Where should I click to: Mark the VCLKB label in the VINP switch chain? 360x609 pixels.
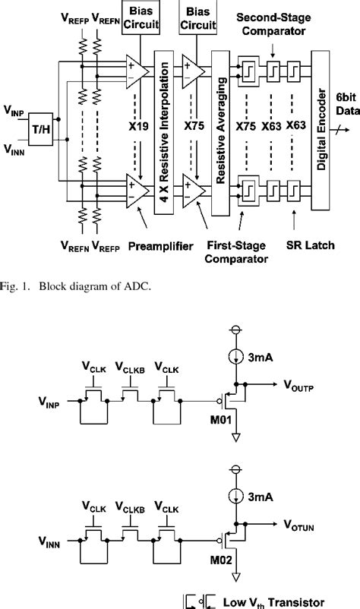click(130, 367)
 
